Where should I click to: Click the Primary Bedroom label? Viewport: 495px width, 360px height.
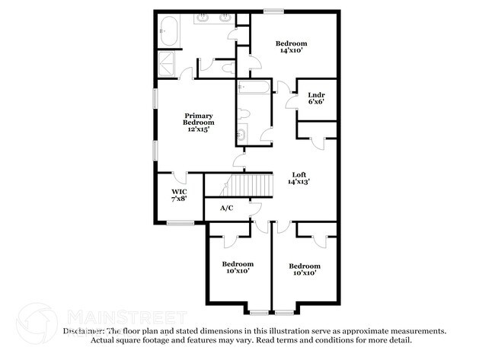click(198, 123)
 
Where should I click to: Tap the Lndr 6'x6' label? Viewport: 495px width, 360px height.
click(316, 98)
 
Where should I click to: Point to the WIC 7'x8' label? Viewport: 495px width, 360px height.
click(179, 195)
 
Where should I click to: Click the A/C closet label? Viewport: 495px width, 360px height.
click(227, 208)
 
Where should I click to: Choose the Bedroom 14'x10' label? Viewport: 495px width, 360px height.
click(292, 48)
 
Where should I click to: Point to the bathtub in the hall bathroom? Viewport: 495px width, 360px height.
click(254, 88)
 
